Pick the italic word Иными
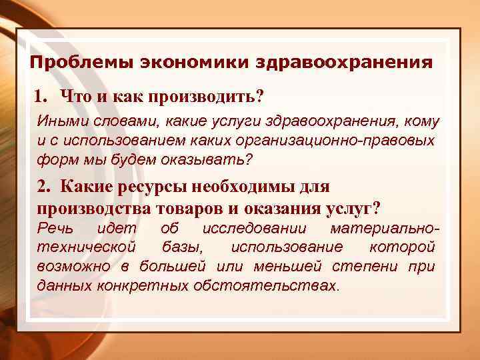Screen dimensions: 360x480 tap(59, 123)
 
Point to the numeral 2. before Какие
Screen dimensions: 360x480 tap(45, 189)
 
